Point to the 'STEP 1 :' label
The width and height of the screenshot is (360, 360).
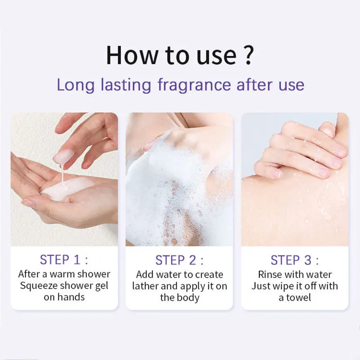(x=64, y=260)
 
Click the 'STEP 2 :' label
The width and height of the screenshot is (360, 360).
(x=180, y=260)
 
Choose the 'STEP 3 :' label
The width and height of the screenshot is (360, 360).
(x=295, y=260)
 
